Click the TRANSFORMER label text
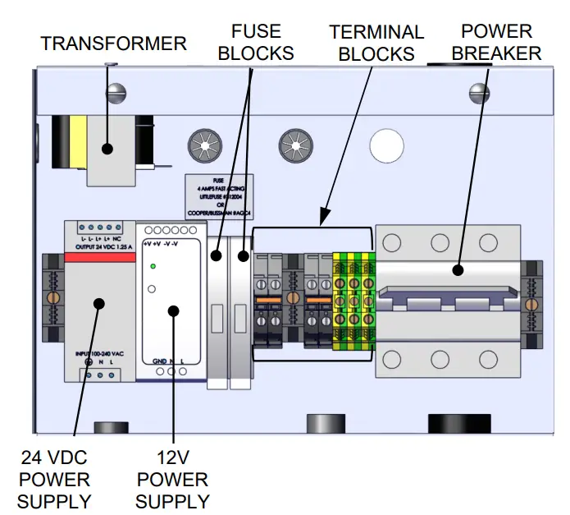pos(114,43)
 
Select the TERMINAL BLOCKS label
pos(376,44)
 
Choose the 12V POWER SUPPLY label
pos(172,480)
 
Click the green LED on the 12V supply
pos(153,268)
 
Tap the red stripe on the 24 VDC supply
pos(99,258)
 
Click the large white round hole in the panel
pos(385,145)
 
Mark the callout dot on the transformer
pos(106,149)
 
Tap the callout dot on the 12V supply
pos(173,310)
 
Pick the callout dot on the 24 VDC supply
pos(98,302)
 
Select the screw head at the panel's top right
pos(478,92)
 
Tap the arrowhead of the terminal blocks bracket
pos(322,221)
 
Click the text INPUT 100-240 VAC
pos(99,353)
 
